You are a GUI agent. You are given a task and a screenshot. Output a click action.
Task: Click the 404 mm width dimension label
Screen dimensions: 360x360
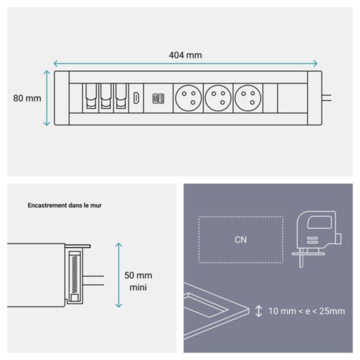(x=185, y=55)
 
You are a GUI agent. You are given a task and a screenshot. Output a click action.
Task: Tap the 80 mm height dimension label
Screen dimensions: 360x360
(x=27, y=98)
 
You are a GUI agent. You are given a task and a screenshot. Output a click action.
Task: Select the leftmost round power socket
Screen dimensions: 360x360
(x=188, y=98)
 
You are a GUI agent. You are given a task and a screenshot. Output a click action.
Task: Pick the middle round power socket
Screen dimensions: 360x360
(x=218, y=98)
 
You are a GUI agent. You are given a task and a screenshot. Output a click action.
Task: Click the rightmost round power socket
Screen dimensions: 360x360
(x=248, y=98)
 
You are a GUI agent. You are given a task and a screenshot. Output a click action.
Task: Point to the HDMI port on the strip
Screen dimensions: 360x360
(x=136, y=98)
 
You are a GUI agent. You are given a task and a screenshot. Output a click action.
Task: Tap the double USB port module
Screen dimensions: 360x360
(x=159, y=98)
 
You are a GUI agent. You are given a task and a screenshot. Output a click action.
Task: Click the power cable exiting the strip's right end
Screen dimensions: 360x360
(x=328, y=96)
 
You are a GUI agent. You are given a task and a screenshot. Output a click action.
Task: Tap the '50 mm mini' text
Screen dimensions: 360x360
(x=138, y=281)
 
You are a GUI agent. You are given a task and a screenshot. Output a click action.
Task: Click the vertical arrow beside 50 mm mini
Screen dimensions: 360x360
(x=118, y=275)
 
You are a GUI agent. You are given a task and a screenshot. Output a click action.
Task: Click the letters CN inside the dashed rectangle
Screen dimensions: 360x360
(x=241, y=239)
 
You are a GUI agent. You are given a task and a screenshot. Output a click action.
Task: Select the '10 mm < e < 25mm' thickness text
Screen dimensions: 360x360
(x=306, y=311)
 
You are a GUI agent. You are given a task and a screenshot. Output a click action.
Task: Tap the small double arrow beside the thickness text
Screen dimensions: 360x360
(x=259, y=311)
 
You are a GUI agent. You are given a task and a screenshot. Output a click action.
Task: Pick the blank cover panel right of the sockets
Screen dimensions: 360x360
(x=270, y=98)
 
